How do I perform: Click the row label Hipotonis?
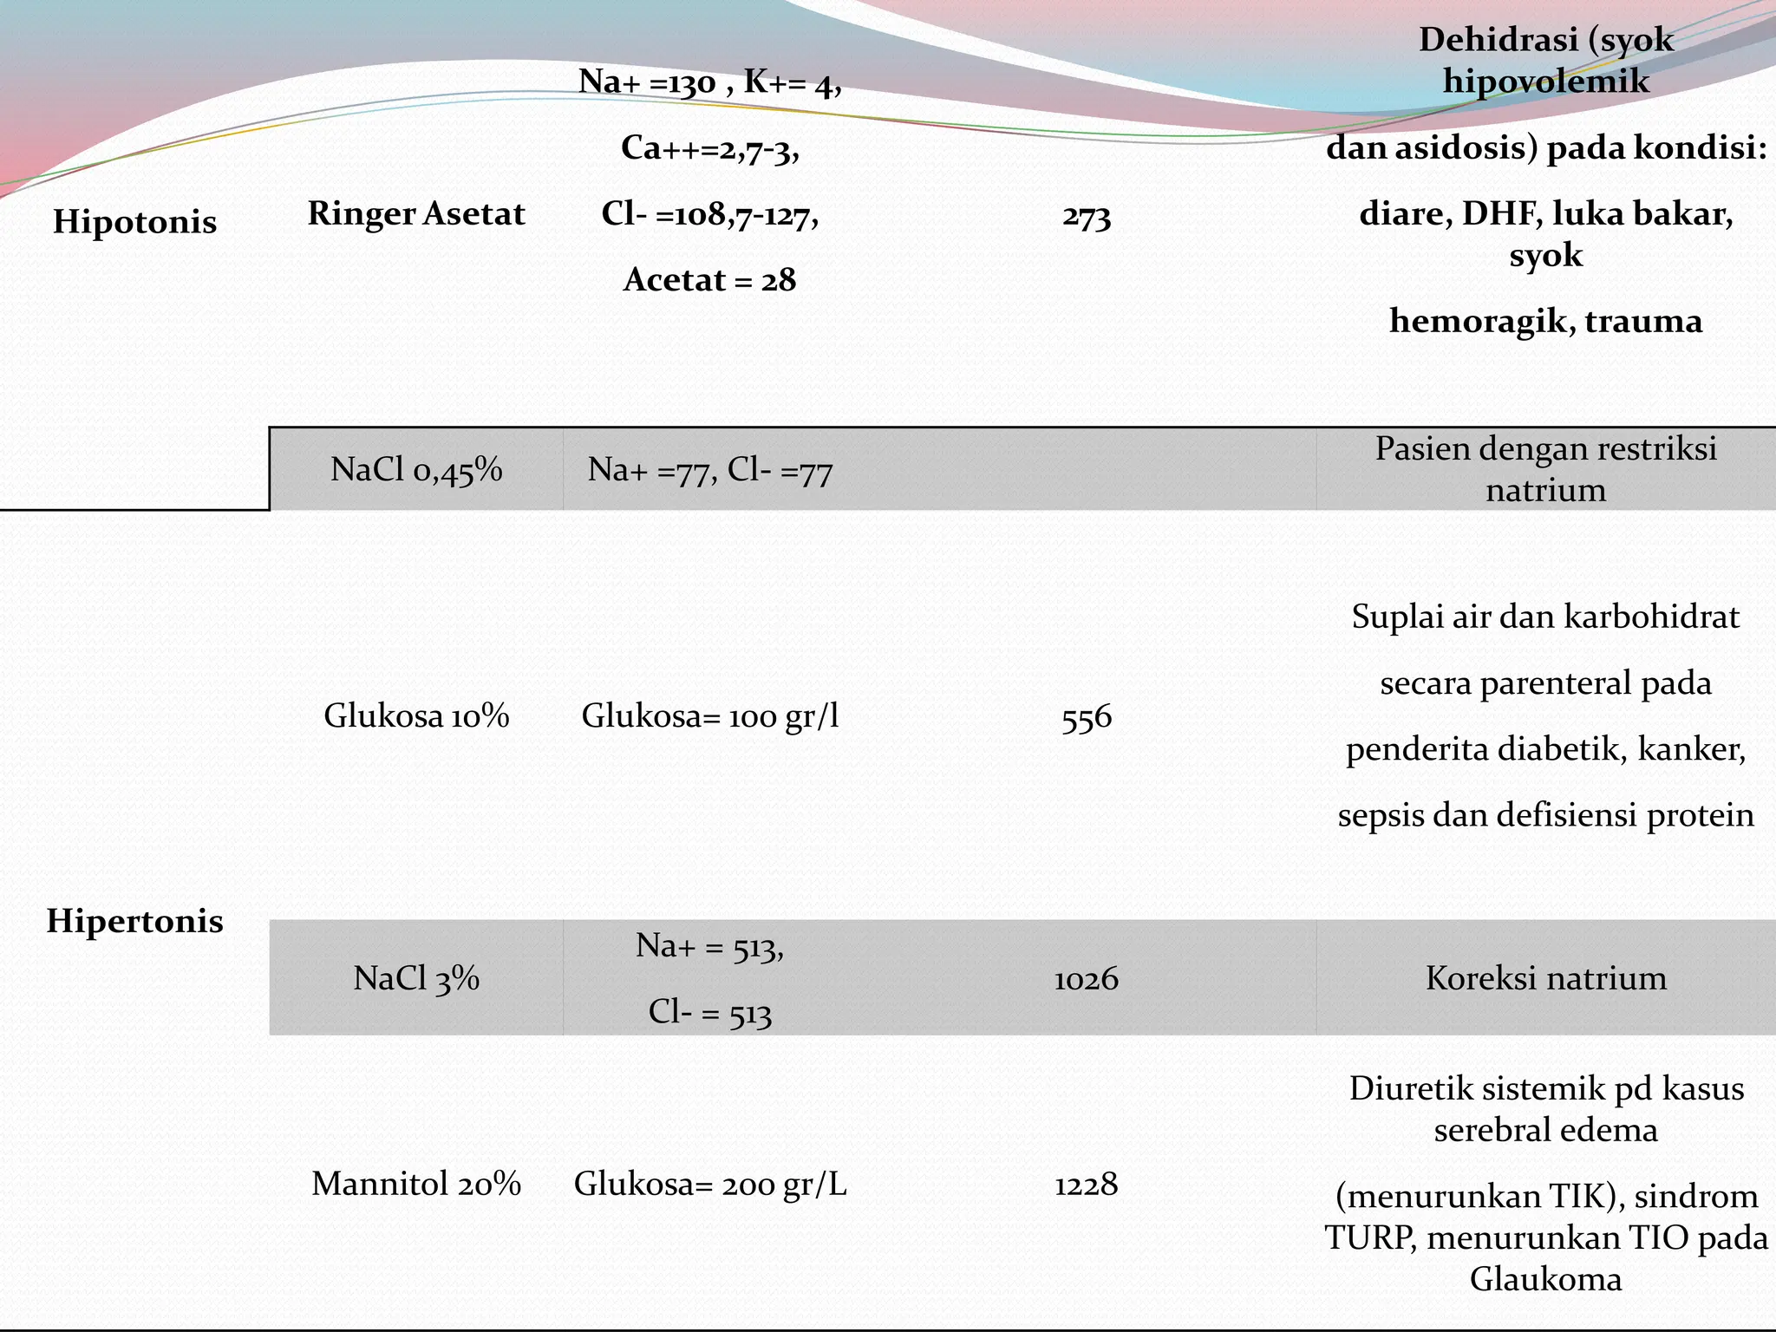pos(134,222)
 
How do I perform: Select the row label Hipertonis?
pos(134,921)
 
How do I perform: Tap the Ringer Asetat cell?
pos(416,213)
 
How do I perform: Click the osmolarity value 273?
pos(1087,216)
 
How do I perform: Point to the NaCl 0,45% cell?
pos(416,469)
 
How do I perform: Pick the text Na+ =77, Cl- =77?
pos(710,470)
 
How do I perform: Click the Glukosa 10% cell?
pos(416,716)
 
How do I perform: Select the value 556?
pos(1087,718)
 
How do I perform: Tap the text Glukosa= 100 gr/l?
pos(710,716)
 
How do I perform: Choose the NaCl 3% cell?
pos(416,978)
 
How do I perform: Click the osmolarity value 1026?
pos(1087,979)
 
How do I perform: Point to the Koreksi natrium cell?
pos(1546,978)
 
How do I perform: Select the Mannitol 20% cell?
pos(416,1184)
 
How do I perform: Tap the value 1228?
pos(1087,1185)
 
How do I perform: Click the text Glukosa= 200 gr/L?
pos(710,1184)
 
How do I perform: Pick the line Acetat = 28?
pos(710,279)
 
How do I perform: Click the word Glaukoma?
pos(1546,1279)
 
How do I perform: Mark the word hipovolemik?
pos(1546,82)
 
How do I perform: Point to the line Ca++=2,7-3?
pos(710,148)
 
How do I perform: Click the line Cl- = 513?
pos(710,1012)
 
